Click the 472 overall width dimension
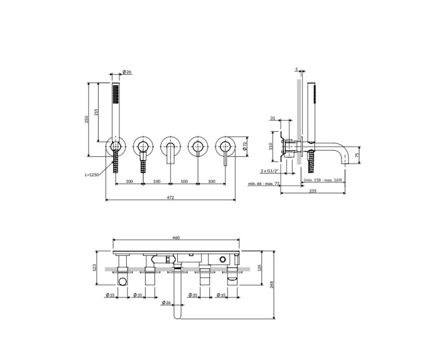pos(171,197)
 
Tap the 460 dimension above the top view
pos(176,238)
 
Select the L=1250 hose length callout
pos(92,174)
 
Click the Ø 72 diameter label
pos(245,146)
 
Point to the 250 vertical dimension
pos(87,119)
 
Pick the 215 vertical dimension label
pos(96,112)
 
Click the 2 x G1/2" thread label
pos(270,171)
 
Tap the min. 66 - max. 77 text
pos(264,184)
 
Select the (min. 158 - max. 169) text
pos(323,180)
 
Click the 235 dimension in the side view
pos(313,191)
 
